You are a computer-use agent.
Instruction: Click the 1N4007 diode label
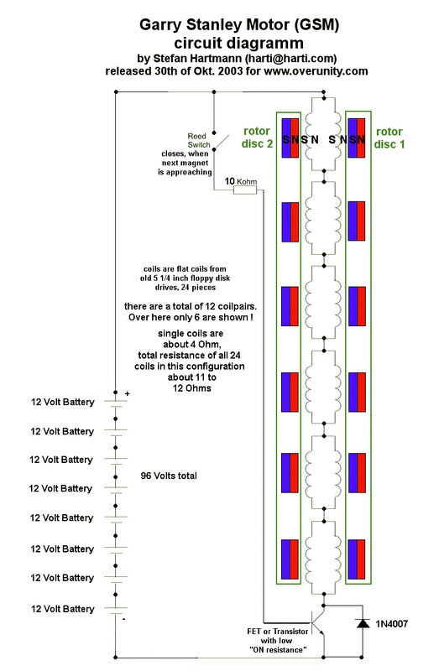pos(391,624)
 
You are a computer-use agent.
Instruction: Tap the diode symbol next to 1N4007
pos(363,623)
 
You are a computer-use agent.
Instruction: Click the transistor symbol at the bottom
pos(318,623)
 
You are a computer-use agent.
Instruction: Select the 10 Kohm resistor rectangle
pos(245,190)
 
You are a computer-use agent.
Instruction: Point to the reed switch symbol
pos(221,142)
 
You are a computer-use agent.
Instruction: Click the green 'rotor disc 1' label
pos(389,138)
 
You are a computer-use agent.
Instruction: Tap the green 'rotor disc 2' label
pos(257,138)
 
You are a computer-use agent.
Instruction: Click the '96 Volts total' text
pos(169,476)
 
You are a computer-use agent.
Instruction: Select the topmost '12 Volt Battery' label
pos(62,402)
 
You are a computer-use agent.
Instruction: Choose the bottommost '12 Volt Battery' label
pos(62,609)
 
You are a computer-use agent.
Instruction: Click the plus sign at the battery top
pos(128,393)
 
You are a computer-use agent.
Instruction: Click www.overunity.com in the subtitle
pos(316,71)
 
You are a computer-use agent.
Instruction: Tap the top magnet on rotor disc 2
pos(290,138)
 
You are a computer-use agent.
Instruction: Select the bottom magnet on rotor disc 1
pos(357,559)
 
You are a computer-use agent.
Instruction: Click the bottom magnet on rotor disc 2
pos(290,559)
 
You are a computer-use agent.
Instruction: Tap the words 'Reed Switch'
pos(199,140)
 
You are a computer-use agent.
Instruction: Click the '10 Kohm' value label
pos(241,181)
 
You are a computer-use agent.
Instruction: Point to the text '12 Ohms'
pos(192,388)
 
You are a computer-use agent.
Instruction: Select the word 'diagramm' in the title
pos(269,44)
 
